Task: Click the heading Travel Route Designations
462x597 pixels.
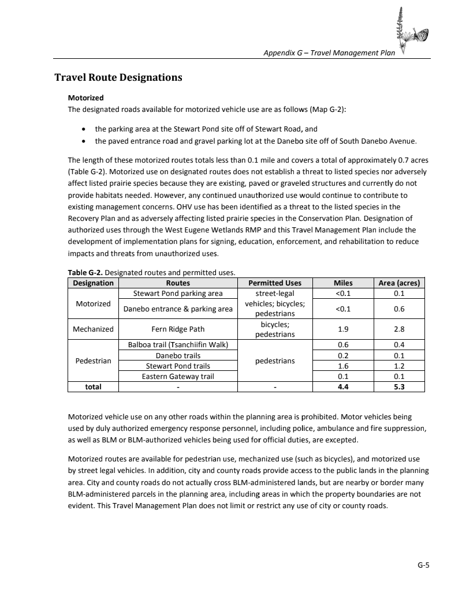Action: point(118,77)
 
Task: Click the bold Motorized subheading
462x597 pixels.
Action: point(85,98)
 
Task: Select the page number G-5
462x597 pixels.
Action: point(424,565)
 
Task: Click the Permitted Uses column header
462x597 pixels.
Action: point(274,283)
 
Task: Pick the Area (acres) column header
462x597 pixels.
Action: point(398,283)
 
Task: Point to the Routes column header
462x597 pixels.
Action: point(178,283)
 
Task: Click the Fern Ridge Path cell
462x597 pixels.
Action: point(178,329)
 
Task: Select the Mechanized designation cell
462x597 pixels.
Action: point(93,329)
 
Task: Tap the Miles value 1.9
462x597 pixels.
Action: point(343,329)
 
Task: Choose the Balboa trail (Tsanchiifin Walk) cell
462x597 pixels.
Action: point(178,345)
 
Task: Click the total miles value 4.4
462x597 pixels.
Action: point(343,386)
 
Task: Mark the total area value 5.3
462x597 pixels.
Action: point(398,386)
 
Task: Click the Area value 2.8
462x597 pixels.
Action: point(398,329)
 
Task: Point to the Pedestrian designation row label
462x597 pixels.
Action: point(93,361)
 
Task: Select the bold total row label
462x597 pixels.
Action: point(93,386)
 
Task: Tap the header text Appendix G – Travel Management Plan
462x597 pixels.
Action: point(329,53)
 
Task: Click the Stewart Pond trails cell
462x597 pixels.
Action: point(178,366)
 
